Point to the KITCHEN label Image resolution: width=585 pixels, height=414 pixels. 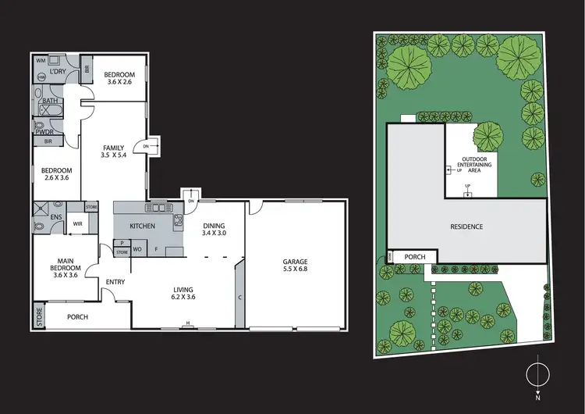[x=142, y=227]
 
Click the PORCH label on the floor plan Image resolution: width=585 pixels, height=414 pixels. [x=77, y=317]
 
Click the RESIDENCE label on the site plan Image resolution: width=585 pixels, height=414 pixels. [x=466, y=227]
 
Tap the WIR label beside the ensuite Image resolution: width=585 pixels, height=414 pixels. [x=78, y=223]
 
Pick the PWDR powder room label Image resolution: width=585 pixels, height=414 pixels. [x=44, y=132]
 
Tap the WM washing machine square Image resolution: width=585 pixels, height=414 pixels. [x=41, y=59]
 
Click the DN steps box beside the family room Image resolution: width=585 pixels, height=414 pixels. [x=147, y=146]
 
